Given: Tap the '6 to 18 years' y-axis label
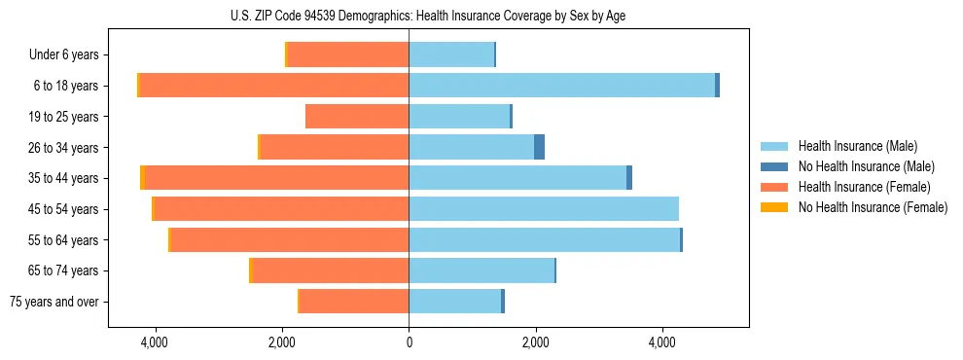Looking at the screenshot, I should (x=66, y=86).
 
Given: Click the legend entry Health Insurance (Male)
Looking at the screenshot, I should (x=857, y=146).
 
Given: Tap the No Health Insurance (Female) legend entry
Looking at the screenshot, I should (x=872, y=207).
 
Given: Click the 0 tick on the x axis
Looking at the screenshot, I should (x=409, y=342).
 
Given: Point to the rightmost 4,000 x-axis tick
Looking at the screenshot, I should (x=662, y=342).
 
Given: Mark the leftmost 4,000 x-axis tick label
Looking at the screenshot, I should (x=155, y=342).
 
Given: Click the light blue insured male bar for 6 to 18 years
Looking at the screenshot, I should (x=561, y=86).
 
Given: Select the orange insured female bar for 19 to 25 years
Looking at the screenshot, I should (x=357, y=117).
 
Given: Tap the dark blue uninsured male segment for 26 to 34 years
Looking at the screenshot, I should (x=539, y=147).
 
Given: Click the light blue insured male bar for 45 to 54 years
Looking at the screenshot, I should (x=543, y=209).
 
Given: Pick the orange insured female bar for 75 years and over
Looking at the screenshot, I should (x=354, y=302).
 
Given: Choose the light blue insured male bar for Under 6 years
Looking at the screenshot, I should (x=451, y=55).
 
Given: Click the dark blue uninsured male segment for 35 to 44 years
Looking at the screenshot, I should (x=629, y=178).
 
